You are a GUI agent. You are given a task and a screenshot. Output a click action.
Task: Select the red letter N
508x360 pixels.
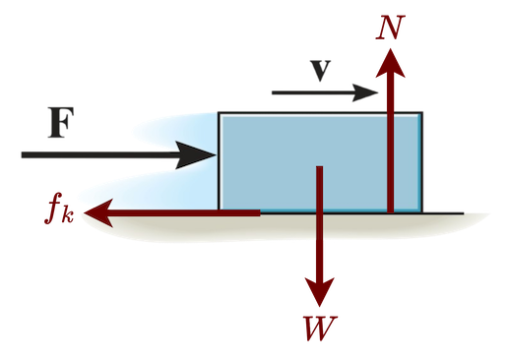click(x=391, y=27)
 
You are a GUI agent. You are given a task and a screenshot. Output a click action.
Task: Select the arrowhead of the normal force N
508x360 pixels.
click(x=391, y=61)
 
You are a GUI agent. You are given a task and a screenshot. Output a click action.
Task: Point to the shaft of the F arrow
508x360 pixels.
click(x=98, y=154)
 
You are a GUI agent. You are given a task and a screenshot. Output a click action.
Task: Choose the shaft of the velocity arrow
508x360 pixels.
click(x=315, y=91)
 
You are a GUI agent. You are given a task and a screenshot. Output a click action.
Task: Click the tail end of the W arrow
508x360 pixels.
click(x=319, y=169)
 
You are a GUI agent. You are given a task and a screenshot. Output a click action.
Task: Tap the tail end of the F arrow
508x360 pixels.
click(x=23, y=154)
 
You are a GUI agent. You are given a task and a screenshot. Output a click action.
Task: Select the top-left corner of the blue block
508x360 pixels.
click(x=219, y=113)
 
